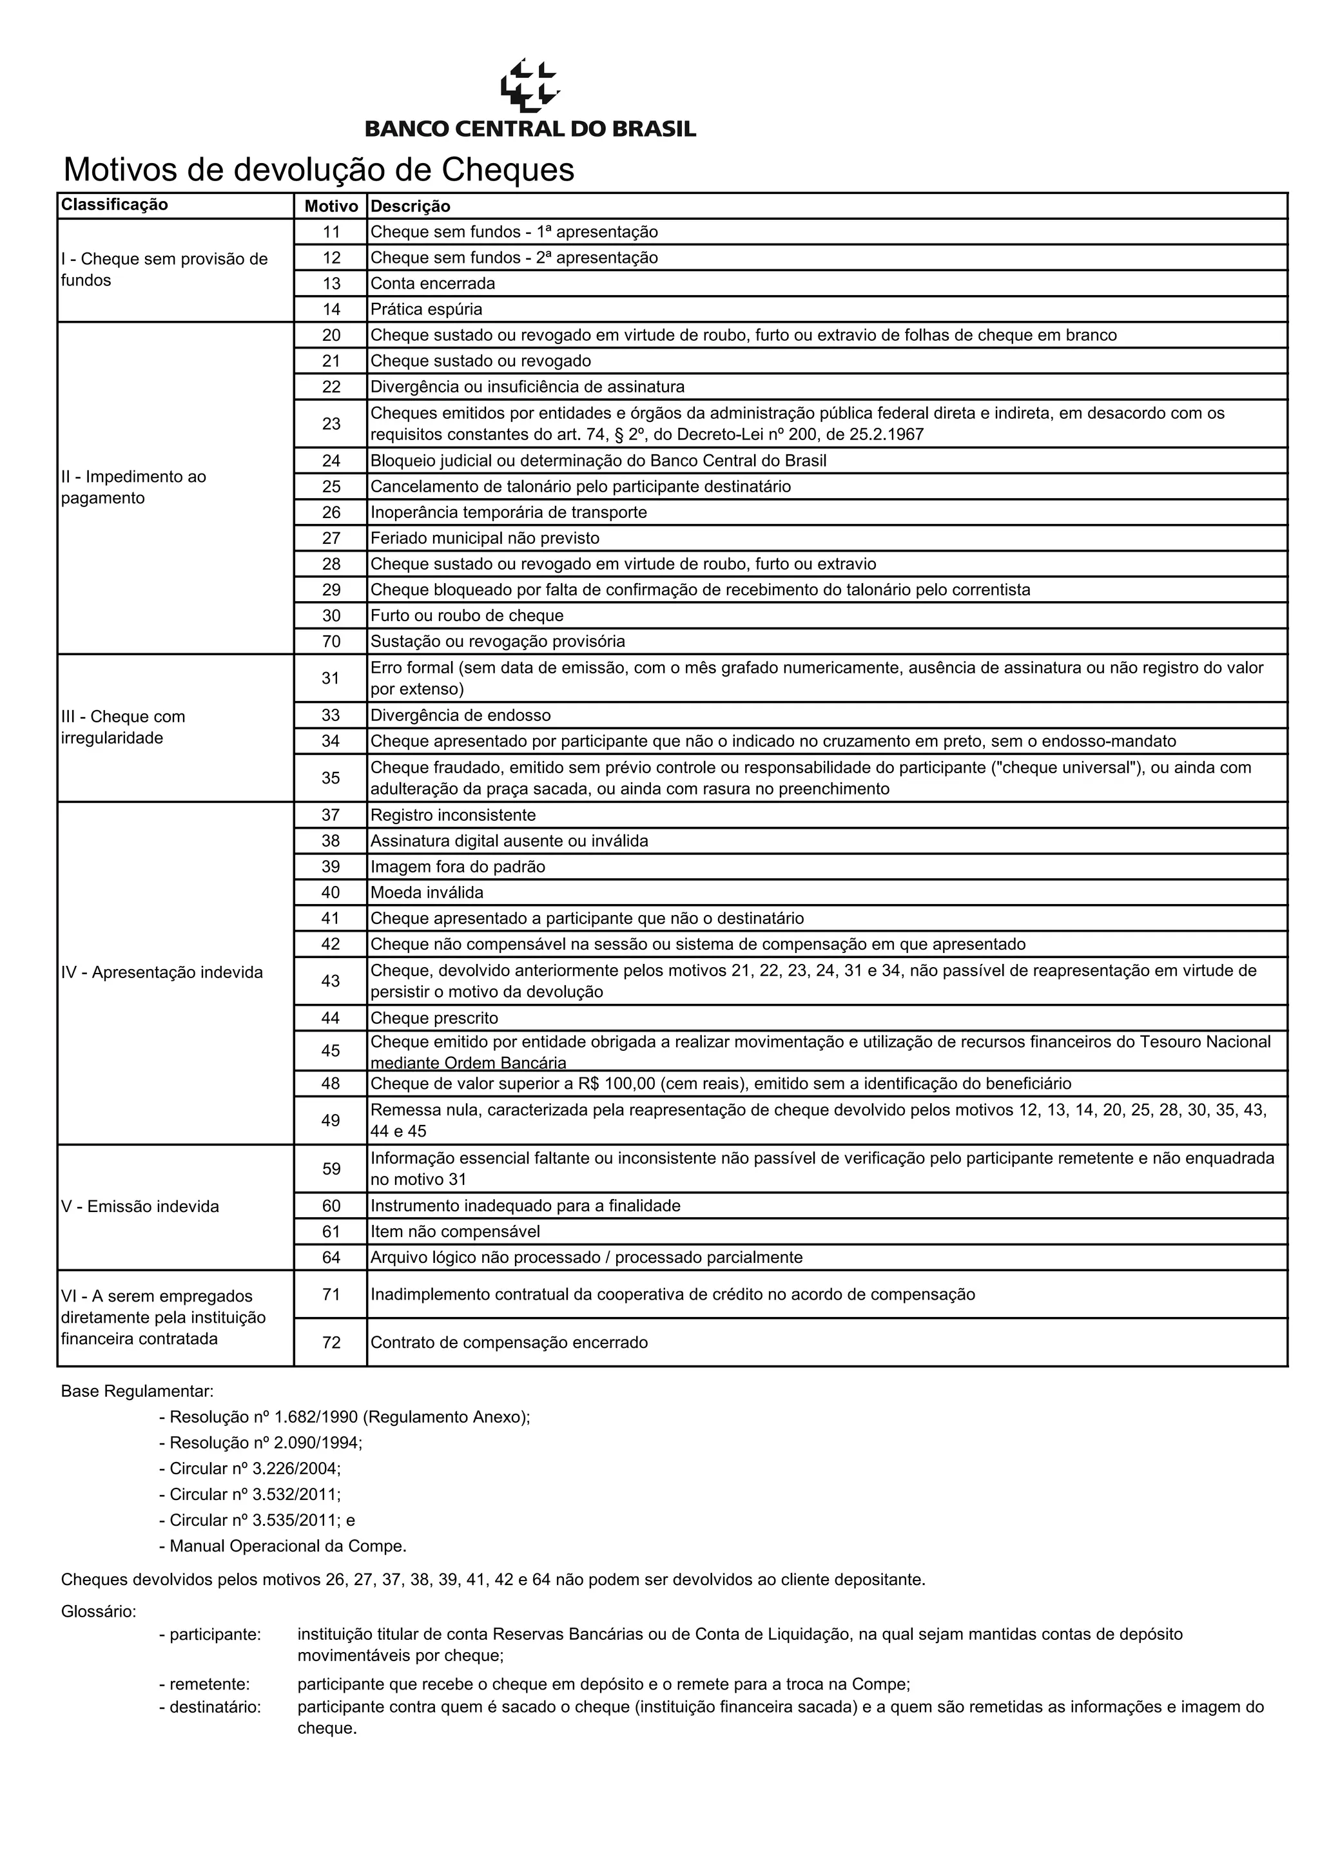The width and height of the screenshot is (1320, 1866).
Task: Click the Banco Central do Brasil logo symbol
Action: click(x=529, y=84)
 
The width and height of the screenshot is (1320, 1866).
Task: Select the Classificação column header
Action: click(x=115, y=205)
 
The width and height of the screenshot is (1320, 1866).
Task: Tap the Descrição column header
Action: click(x=411, y=206)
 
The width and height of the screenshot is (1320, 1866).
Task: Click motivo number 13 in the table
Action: click(x=331, y=284)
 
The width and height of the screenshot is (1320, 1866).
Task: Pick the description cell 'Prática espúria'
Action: click(x=426, y=310)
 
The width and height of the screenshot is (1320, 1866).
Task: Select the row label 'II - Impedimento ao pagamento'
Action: click(x=133, y=487)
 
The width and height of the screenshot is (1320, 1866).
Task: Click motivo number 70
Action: click(x=331, y=641)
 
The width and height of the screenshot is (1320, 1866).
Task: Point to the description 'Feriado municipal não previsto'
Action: click(x=485, y=538)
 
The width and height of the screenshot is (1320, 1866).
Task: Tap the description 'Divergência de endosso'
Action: click(x=460, y=715)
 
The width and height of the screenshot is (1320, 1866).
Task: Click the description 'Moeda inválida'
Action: click(x=427, y=892)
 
